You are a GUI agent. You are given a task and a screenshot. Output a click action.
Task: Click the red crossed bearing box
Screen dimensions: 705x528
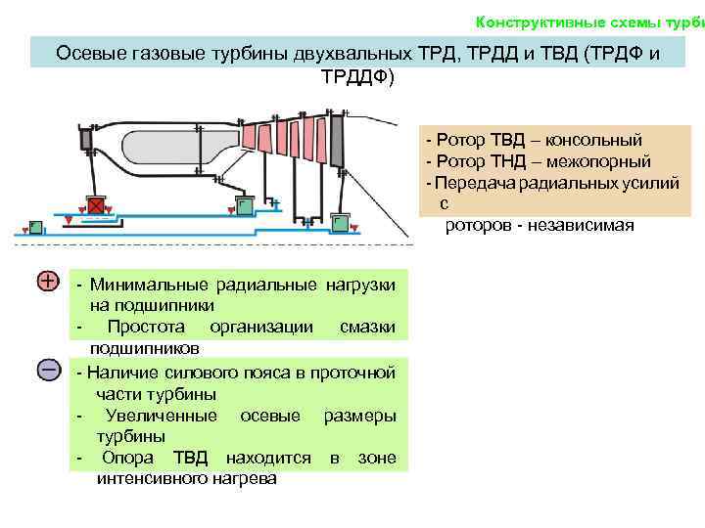pos(96,206)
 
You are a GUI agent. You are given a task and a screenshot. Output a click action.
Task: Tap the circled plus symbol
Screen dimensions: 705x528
pos(48,282)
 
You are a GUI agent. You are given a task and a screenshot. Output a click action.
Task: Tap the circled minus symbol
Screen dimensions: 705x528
pos(48,370)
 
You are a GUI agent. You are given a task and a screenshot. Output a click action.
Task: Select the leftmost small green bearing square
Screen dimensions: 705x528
pos(35,226)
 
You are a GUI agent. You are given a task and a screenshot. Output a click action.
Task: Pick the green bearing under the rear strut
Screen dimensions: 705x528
pos(341,224)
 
